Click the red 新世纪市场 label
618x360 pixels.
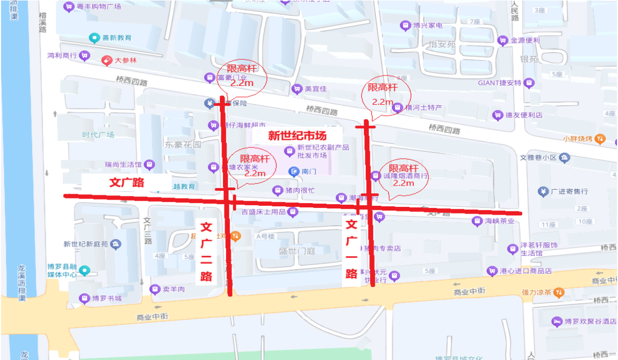click(x=297, y=136)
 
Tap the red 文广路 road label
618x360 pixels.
click(x=126, y=182)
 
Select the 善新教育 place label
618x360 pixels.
click(x=117, y=38)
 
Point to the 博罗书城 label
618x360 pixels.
click(x=107, y=299)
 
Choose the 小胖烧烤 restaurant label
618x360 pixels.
click(x=578, y=139)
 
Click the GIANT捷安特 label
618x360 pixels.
click(x=500, y=83)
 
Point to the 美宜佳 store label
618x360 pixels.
click(x=316, y=89)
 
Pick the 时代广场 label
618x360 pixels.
click(x=98, y=134)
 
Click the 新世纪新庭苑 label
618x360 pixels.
click(x=86, y=244)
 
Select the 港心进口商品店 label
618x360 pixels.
click(x=525, y=271)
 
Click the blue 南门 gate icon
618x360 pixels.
click(x=294, y=171)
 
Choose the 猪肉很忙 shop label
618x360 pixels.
click(x=300, y=190)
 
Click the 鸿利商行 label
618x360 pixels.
click(x=62, y=55)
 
